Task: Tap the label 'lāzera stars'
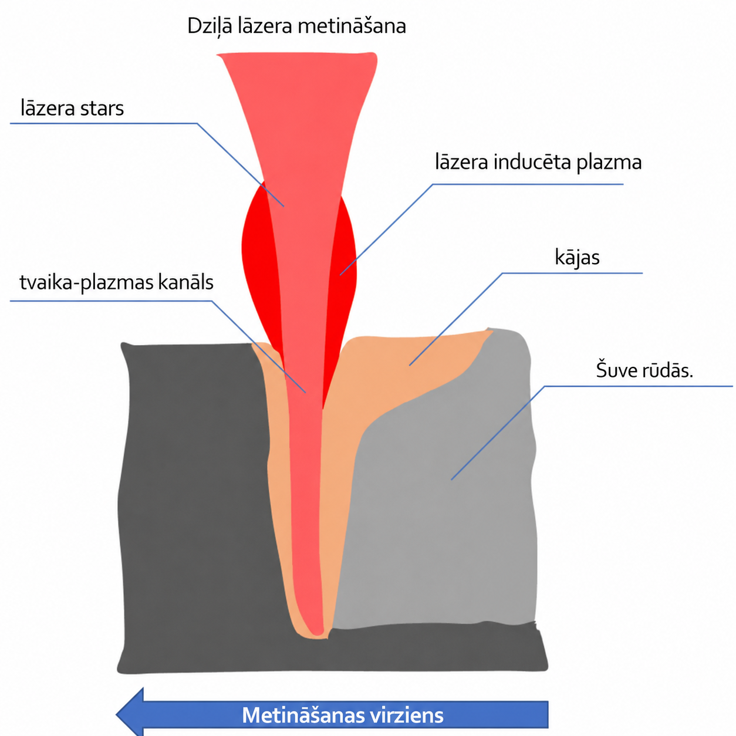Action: coord(72,108)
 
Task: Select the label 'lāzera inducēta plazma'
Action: coord(538,163)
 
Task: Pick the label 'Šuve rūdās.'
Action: coord(644,370)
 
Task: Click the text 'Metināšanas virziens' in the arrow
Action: coord(343,715)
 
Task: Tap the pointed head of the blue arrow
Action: coord(117,714)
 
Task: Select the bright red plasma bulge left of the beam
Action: coord(260,260)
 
